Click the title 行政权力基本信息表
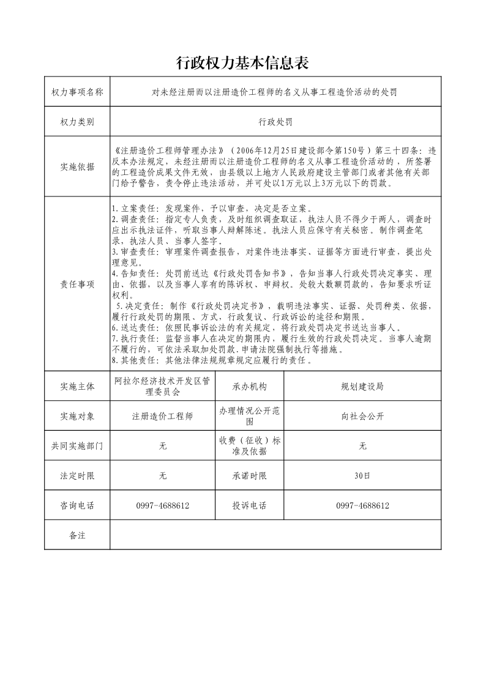pyautogui.click(x=242, y=62)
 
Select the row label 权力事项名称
pyautogui.click(x=77, y=92)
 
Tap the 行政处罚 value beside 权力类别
pyautogui.click(x=275, y=122)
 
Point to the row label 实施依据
pyautogui.click(x=77, y=166)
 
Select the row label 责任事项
pyautogui.click(x=77, y=284)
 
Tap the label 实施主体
pyautogui.click(x=77, y=386)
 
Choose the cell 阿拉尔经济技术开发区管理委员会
pyautogui.click(x=163, y=386)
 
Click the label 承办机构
pyautogui.click(x=249, y=386)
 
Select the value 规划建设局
pyautogui.click(x=362, y=386)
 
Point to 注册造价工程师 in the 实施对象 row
pyautogui.click(x=163, y=416)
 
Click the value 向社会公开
pyautogui.click(x=362, y=416)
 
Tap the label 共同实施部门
pyautogui.click(x=77, y=446)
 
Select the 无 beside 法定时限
pyautogui.click(x=163, y=475)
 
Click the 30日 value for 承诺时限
pyautogui.click(x=362, y=475)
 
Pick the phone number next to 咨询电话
pyautogui.click(x=163, y=506)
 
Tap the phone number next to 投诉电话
pyautogui.click(x=362, y=506)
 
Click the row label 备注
pyautogui.click(x=77, y=535)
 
